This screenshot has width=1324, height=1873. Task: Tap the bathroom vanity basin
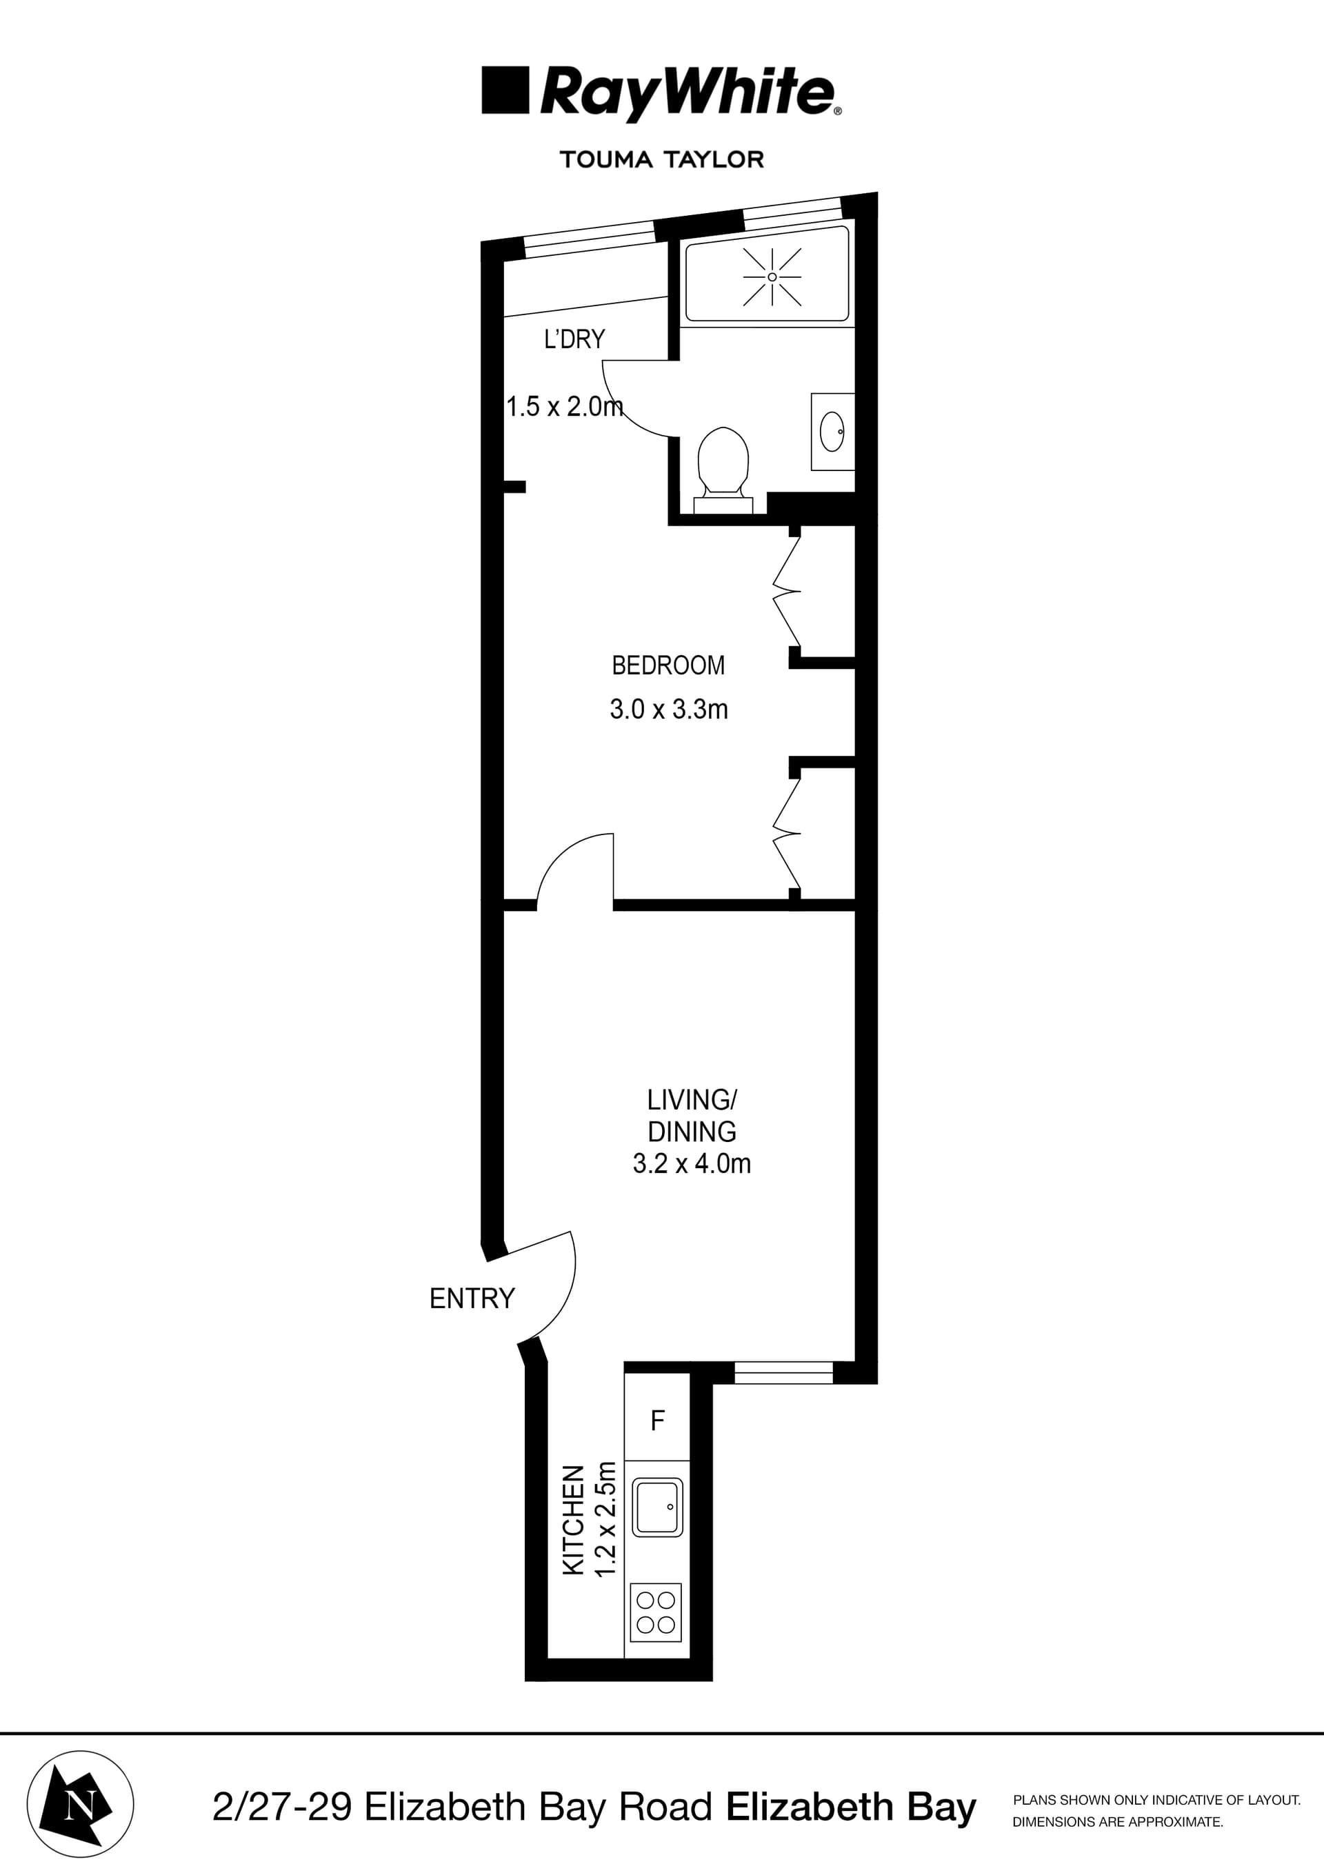click(x=831, y=431)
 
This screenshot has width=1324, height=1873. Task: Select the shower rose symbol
click(x=772, y=277)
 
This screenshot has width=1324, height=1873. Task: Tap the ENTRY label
click(x=472, y=1298)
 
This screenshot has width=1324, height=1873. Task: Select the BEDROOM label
click(x=668, y=665)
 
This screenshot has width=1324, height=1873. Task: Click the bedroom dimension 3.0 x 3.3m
click(x=668, y=709)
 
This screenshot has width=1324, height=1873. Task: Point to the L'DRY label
click(x=574, y=339)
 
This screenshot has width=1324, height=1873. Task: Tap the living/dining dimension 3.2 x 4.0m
click(x=691, y=1163)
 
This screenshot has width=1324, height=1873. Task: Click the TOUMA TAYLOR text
click(x=661, y=159)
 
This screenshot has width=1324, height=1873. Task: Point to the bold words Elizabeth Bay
click(x=850, y=1807)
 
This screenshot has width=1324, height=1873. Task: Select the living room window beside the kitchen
click(x=783, y=1372)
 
